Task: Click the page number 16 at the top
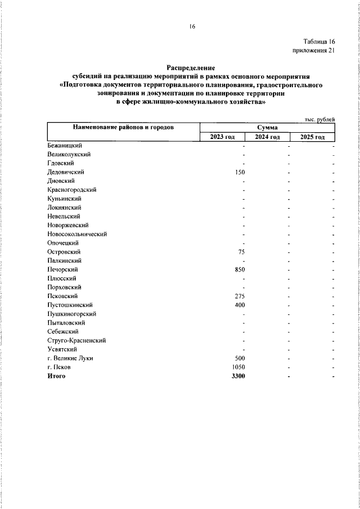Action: tap(192, 26)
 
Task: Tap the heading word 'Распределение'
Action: tap(191, 67)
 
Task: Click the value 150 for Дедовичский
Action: tap(240, 172)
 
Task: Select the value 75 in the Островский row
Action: tap(242, 252)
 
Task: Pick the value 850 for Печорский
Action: tap(240, 269)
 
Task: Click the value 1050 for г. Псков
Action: tap(238, 367)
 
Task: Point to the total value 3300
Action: tap(238, 376)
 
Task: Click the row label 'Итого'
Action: tap(57, 376)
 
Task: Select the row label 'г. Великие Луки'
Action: tap(70, 358)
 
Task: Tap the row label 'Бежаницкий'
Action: tap(65, 146)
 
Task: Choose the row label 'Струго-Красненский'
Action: tap(77, 340)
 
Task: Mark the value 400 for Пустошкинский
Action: tap(240, 305)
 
